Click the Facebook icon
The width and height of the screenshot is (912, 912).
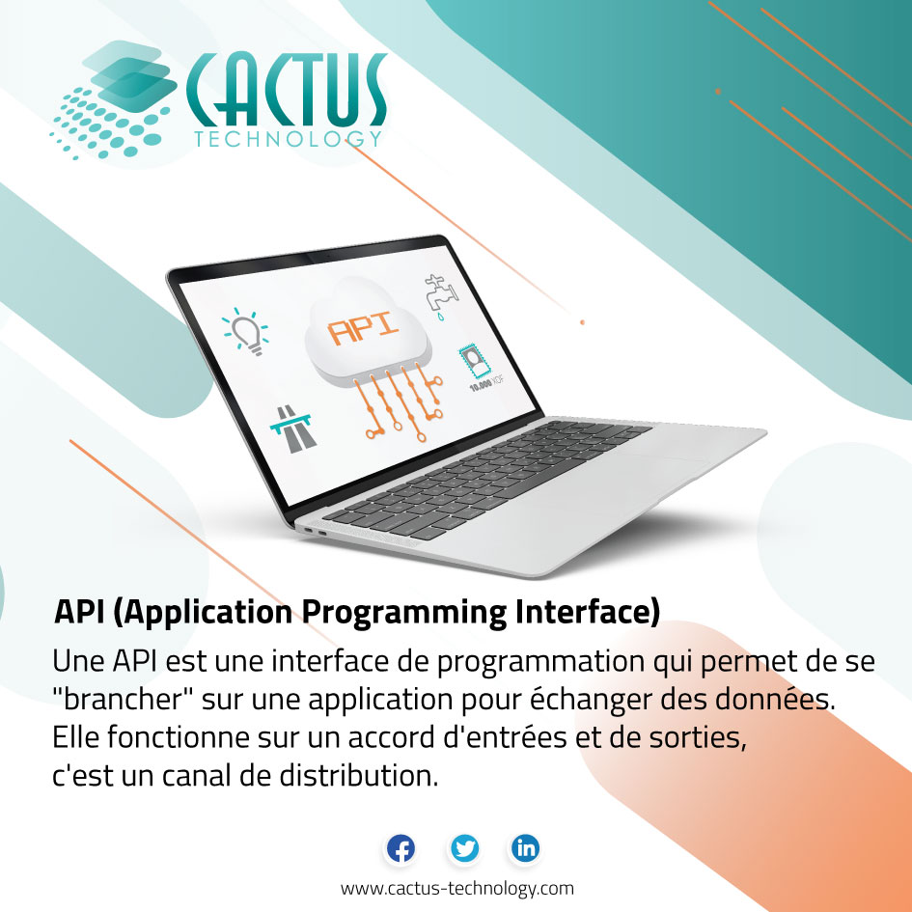point(401,849)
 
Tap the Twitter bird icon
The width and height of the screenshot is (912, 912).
point(464,849)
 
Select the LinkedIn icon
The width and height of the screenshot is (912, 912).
point(526,849)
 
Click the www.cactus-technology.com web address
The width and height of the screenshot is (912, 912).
point(456,888)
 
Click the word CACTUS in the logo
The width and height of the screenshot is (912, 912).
point(287,92)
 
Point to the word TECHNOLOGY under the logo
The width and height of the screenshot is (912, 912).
point(287,140)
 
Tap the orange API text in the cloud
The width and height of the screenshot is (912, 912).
point(363,329)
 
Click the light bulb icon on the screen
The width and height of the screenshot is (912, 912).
point(246,332)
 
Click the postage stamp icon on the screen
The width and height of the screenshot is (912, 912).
point(473,362)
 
